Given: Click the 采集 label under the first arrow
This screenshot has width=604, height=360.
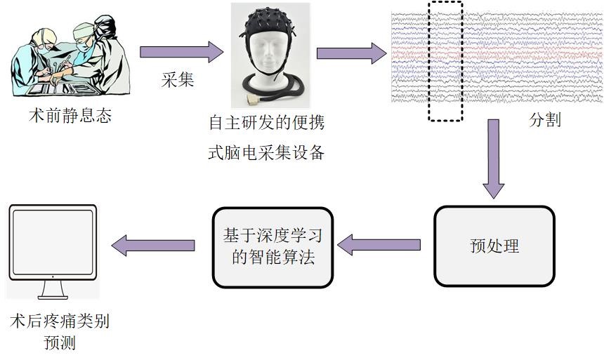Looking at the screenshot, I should pyautogui.click(x=178, y=80).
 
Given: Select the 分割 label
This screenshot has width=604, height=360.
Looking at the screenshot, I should pyautogui.click(x=544, y=120).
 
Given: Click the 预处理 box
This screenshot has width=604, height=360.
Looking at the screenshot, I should pyautogui.click(x=494, y=246).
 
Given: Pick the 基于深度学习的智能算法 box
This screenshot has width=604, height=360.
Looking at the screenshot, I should pyautogui.click(x=273, y=246).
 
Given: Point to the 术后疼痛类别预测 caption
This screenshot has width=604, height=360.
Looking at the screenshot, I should pyautogui.click(x=60, y=333).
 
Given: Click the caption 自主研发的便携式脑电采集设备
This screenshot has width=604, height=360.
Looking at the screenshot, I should pyautogui.click(x=266, y=138).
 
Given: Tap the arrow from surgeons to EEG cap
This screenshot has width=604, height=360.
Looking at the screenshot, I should pyautogui.click(x=181, y=52).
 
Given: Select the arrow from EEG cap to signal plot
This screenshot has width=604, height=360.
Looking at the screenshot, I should pyautogui.click(x=351, y=53).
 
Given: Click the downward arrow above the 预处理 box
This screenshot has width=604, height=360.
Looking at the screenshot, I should pyautogui.click(x=494, y=158).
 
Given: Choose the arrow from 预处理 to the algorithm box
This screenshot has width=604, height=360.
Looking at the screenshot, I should pyautogui.click(x=379, y=245).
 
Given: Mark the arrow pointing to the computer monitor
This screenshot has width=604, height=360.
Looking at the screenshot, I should pyautogui.click(x=153, y=245).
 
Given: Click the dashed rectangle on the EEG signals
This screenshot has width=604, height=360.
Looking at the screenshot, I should pyautogui.click(x=445, y=61).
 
